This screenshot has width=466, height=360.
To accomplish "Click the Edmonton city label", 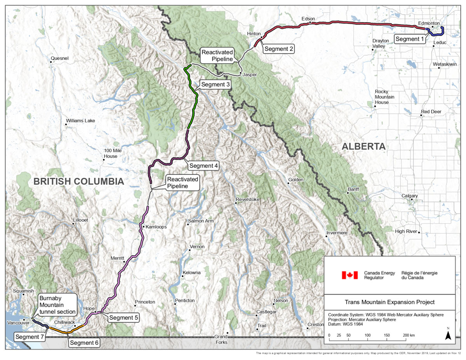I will coord(430,23).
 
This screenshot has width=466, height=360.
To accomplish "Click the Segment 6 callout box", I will coord(84,343).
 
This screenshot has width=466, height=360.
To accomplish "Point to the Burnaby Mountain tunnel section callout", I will coord(57,305).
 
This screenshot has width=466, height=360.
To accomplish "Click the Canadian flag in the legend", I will coord(349,275).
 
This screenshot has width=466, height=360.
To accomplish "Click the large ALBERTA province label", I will coord(363,146).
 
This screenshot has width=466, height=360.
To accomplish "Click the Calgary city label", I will coord(409,196).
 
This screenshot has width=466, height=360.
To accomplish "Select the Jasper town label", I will coord(250,75).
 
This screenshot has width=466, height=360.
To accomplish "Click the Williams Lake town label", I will coord(80,121).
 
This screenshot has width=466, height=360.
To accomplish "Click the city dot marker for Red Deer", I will coord(422,116).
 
